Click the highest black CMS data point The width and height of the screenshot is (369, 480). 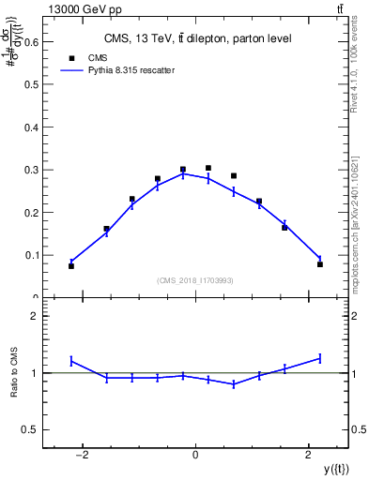[x=208, y=168]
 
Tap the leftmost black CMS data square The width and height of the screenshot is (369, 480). [x=71, y=266]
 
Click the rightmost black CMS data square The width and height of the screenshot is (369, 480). [x=320, y=264]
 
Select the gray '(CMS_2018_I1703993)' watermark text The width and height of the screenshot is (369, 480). [x=195, y=279]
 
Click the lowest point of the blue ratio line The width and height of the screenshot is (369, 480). [x=234, y=383]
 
